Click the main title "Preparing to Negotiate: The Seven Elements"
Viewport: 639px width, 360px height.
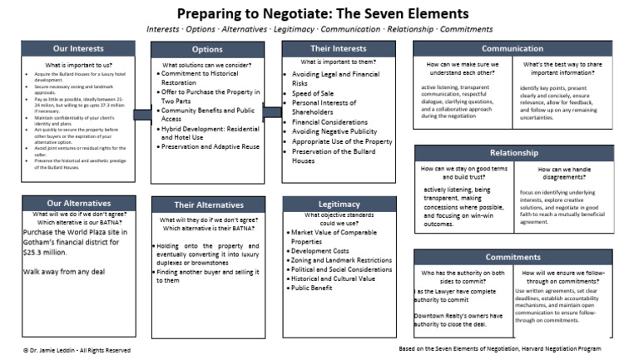coord(319,13)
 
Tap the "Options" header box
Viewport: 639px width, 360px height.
coord(207,49)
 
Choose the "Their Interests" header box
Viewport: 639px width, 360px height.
coord(338,48)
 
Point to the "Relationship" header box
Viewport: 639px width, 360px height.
coord(513,153)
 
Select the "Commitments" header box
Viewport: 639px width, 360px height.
coord(513,257)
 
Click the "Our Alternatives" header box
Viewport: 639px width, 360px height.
coord(78,203)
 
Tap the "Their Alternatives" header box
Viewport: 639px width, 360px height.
coord(207,204)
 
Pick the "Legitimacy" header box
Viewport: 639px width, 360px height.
coord(339,204)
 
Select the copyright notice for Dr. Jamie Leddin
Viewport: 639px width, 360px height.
coord(77,350)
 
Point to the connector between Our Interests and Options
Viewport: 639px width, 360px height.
coord(142,114)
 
